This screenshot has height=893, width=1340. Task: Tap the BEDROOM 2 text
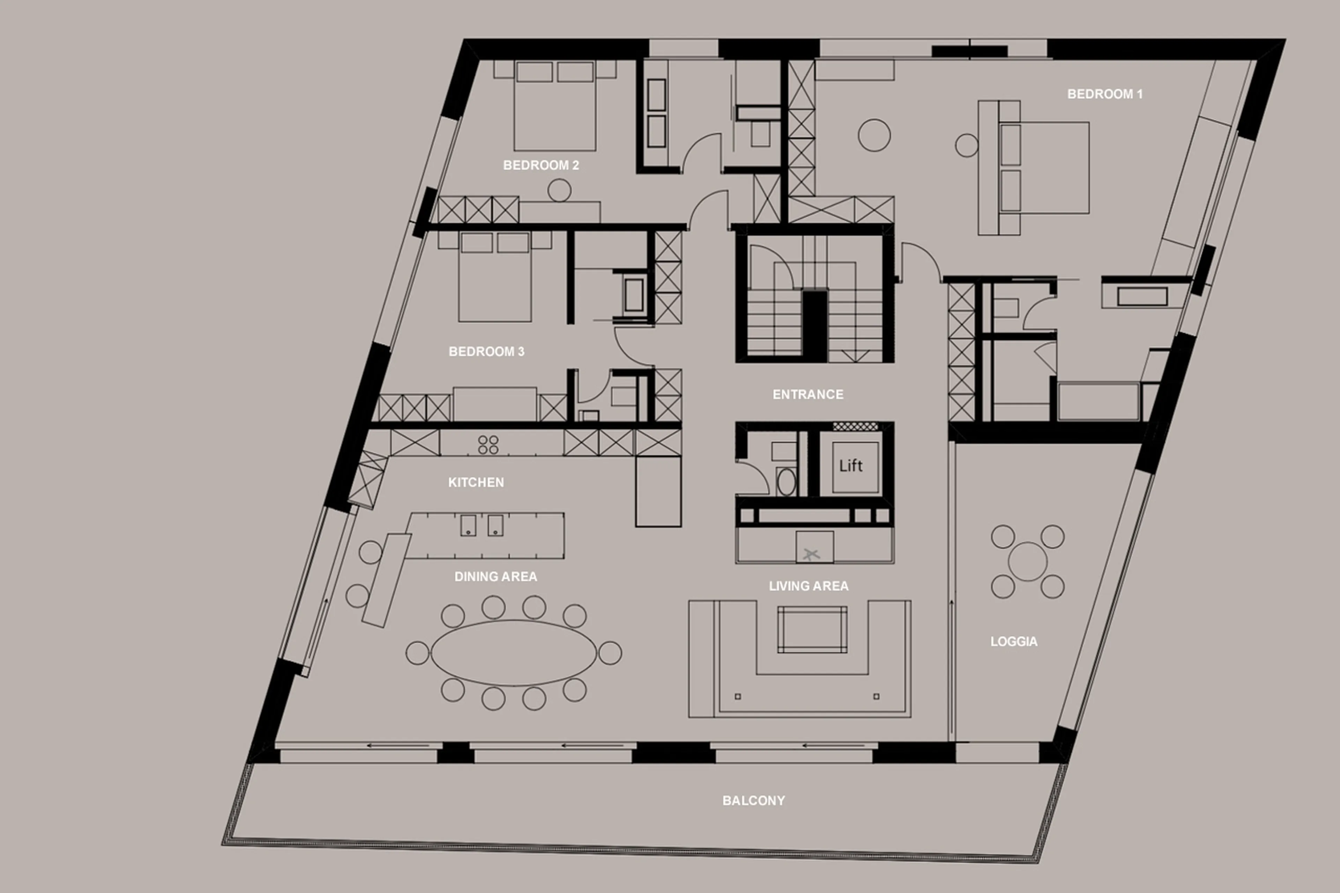[x=541, y=165]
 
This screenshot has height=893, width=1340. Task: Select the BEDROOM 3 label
[x=486, y=351]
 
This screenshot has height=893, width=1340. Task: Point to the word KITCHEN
[x=476, y=482]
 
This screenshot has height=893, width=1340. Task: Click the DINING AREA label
[x=496, y=576]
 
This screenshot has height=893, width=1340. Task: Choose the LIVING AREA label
[x=808, y=586]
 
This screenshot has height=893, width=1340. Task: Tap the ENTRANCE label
[x=807, y=394]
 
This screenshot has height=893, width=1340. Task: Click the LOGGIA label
[x=1014, y=641]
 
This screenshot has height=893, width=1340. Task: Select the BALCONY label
[x=753, y=800]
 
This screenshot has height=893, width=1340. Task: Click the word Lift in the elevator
[x=851, y=466]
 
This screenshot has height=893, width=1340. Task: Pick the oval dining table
[x=514, y=653]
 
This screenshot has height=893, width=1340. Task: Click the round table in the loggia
[x=1027, y=561]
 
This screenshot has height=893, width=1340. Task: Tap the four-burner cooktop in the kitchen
[x=488, y=445]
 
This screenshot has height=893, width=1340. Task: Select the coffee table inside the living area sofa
[x=812, y=629]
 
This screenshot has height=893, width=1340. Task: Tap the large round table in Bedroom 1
[x=874, y=135]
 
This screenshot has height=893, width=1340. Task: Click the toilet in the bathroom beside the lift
[x=787, y=481]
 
